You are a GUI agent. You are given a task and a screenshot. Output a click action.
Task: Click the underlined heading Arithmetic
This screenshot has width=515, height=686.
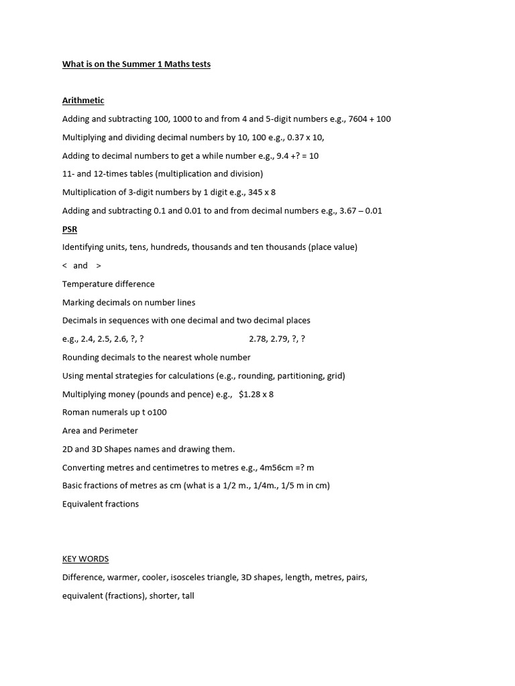click(x=83, y=100)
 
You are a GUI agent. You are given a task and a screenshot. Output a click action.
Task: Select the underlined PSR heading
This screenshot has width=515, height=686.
click(x=70, y=229)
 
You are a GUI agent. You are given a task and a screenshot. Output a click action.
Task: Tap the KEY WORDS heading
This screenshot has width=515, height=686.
click(x=85, y=559)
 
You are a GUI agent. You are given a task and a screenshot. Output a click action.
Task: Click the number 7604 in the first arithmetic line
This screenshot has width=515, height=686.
click(x=359, y=119)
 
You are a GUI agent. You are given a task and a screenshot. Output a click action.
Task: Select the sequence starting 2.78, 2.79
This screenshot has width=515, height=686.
click(x=277, y=339)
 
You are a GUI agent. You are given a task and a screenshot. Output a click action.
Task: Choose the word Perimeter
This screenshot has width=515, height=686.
click(x=119, y=431)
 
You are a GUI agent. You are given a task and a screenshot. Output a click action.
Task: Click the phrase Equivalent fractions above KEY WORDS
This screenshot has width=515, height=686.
click(x=101, y=504)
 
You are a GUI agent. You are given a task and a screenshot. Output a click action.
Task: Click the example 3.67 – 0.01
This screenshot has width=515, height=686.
click(x=358, y=210)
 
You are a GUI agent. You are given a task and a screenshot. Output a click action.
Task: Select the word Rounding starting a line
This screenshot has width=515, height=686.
click(x=83, y=357)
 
